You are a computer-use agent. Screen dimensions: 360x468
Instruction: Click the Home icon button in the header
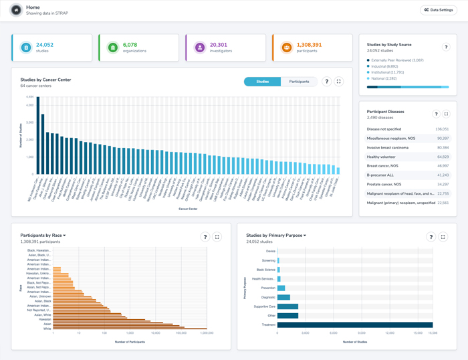click(16, 10)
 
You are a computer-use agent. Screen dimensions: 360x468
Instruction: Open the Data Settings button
click(439, 10)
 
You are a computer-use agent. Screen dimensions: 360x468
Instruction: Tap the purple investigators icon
click(199, 48)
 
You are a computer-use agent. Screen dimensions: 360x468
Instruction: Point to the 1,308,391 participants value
click(309, 45)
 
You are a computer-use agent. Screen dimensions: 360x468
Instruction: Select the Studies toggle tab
click(262, 82)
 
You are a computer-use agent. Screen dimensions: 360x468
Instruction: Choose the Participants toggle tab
click(299, 82)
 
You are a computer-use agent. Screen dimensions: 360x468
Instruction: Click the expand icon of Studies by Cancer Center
click(339, 82)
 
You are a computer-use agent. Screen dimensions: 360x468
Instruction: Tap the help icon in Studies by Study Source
click(446, 48)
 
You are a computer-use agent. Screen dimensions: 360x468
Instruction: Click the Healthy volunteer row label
click(381, 157)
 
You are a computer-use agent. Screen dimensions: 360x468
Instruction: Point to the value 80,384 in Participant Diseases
click(443, 147)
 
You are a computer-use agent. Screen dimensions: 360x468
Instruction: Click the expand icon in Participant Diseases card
click(447, 114)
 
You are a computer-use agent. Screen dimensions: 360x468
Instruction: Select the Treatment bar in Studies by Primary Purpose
click(355, 325)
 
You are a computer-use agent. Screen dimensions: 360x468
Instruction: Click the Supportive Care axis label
click(264, 306)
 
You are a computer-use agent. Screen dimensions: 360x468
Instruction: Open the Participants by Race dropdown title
click(43, 236)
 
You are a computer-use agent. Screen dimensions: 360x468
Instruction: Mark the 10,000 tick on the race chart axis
click(156, 333)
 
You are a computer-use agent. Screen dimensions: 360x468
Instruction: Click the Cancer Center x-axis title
click(188, 209)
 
